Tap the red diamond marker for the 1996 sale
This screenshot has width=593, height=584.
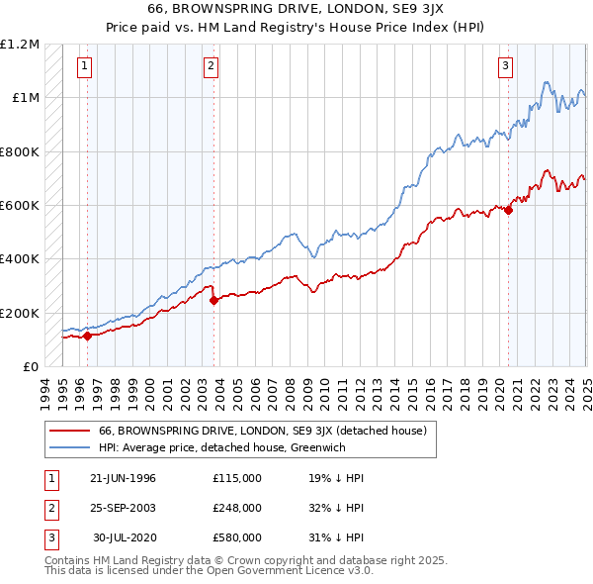click(x=87, y=336)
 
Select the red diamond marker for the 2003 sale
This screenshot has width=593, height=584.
click(x=214, y=301)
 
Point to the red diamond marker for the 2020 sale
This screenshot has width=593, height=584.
click(x=509, y=210)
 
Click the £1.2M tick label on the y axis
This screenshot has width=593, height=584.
click(x=20, y=45)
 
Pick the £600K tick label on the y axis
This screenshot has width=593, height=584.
click(x=20, y=206)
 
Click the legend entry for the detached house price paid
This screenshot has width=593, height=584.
click(x=262, y=431)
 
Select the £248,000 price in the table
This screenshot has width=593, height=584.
click(x=236, y=508)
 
